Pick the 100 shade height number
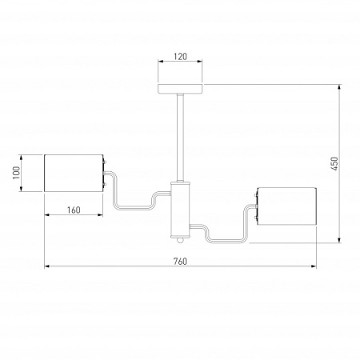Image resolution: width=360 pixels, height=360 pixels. click(15, 173)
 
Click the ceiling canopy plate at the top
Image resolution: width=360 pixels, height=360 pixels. click(180, 88)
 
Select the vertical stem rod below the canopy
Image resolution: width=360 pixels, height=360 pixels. click(180, 136)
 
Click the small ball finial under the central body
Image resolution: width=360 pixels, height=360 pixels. click(181, 239)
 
